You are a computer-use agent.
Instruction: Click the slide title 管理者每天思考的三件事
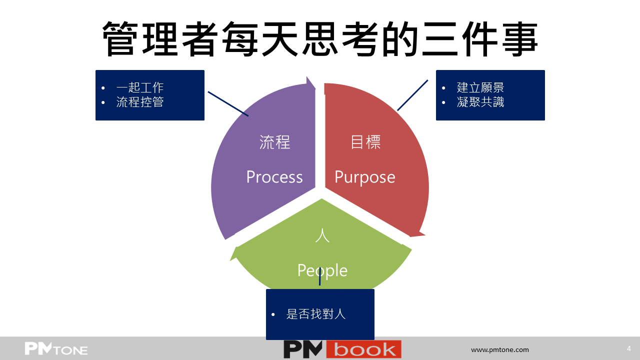320,39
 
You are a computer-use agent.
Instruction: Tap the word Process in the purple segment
274,177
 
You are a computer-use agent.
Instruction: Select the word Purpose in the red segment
365,177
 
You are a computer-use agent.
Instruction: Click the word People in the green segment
322,271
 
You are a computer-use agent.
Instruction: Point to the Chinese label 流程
274,142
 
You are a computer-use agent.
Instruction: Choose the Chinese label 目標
365,142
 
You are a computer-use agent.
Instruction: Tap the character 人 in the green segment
322,235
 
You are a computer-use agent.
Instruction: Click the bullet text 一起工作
140,87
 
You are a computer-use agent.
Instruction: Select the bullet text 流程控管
140,102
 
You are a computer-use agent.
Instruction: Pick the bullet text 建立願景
480,87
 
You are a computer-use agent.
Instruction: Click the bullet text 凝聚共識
480,102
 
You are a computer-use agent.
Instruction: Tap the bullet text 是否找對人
316,314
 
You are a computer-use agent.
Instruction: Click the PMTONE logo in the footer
56,348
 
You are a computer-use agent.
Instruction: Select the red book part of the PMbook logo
363,349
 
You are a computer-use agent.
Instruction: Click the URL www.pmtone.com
499,349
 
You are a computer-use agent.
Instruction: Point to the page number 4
629,348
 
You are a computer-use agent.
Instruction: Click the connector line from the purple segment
228,103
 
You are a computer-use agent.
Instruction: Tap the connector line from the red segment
412,95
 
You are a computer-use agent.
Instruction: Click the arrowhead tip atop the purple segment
307,76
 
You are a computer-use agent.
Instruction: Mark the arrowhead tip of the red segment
425,235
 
